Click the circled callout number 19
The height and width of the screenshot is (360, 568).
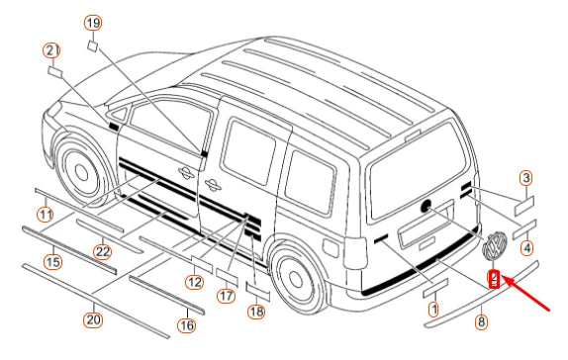tap(93, 23)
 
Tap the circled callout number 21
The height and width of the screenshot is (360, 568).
tap(51, 50)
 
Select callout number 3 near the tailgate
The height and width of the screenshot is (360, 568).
tap(525, 178)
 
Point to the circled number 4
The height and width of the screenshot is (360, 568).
tap(526, 248)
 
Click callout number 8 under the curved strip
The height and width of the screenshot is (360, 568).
tap(481, 321)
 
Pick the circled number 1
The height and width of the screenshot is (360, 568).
tap(433, 310)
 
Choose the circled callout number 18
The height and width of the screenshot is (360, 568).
tap(256, 312)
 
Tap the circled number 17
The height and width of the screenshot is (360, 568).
tap(226, 296)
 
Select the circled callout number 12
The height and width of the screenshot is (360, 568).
tap(194, 282)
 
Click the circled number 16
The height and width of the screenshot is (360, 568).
tap(187, 325)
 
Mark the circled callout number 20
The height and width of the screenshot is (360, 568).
tap(93, 319)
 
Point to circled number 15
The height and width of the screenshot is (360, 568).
tap(52, 261)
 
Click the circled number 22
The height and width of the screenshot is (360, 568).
tap(102, 252)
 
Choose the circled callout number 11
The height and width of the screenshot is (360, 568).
tap(46, 215)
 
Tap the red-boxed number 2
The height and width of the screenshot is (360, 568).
tap(494, 280)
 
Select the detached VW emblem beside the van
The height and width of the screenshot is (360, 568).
tap(495, 246)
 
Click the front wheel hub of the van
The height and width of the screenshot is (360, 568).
tap(81, 173)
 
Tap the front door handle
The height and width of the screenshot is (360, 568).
tap(187, 172)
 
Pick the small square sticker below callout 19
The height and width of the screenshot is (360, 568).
tap(93, 46)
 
